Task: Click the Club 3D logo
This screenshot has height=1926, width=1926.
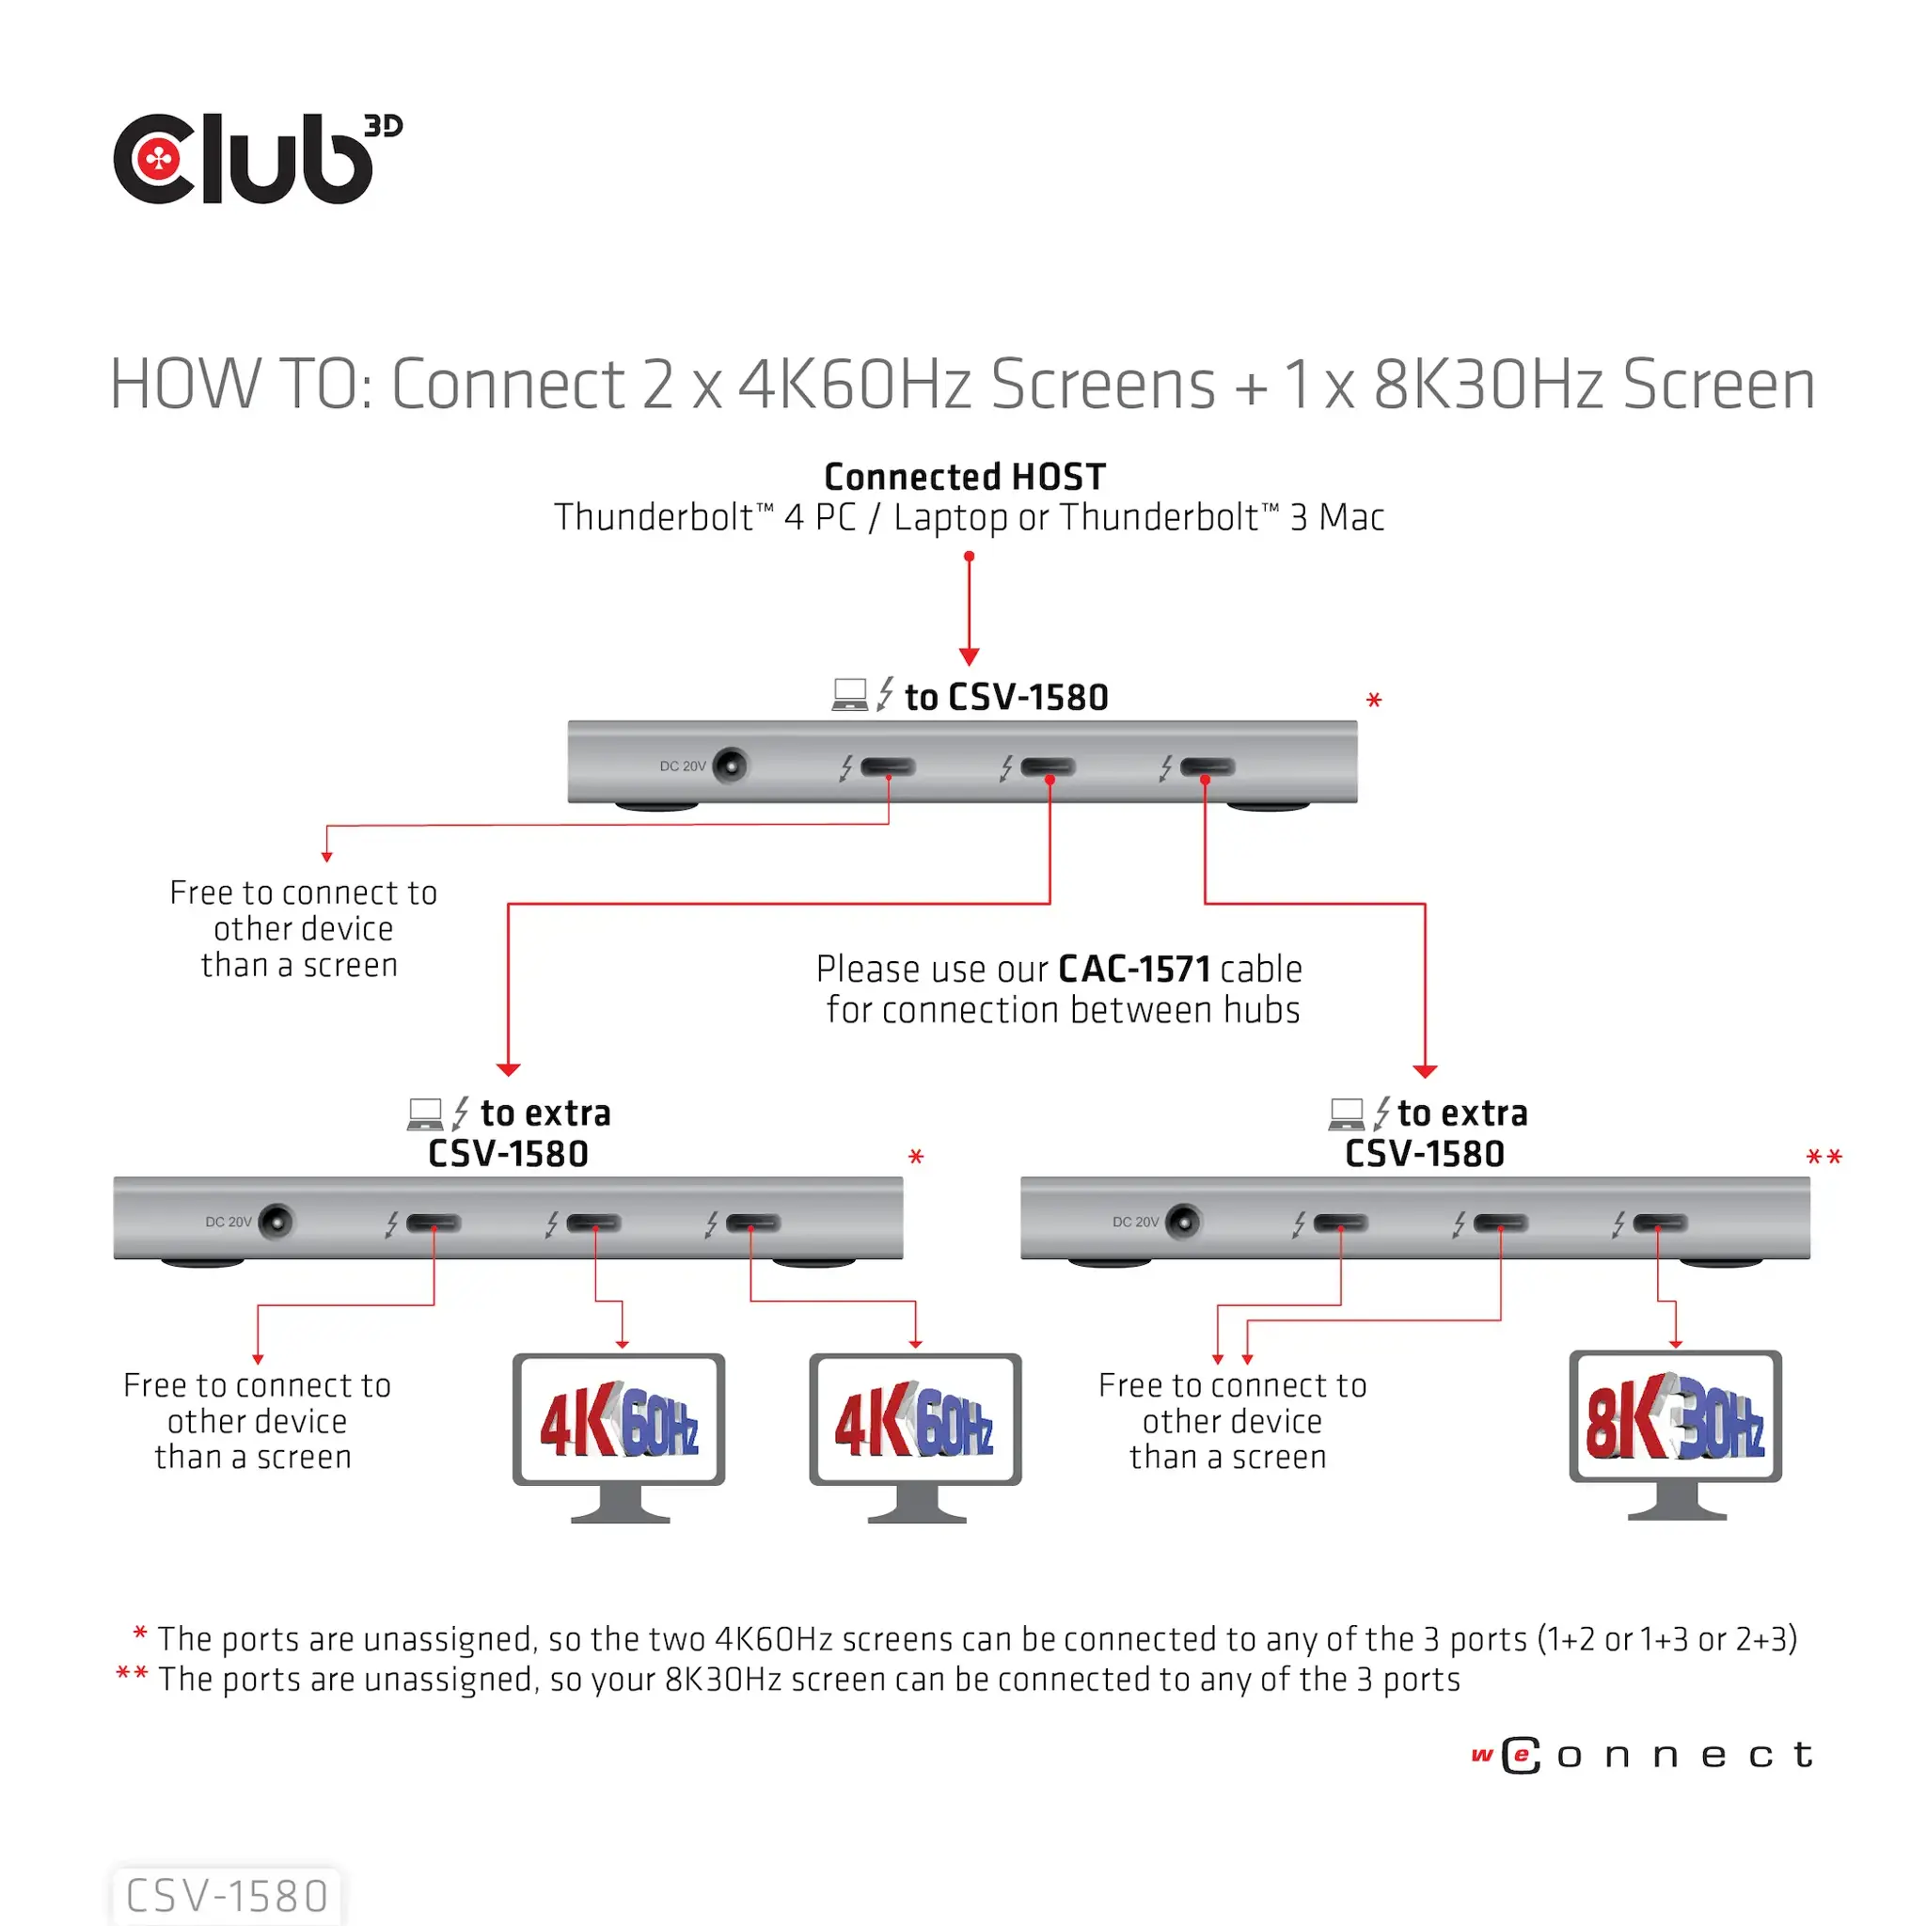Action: tap(256, 160)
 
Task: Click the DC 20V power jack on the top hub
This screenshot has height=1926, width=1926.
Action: tap(731, 766)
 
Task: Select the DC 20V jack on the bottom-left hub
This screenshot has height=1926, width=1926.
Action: tap(276, 1222)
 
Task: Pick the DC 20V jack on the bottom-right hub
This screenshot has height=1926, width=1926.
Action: tap(1183, 1222)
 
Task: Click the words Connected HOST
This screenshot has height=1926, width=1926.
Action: tap(964, 477)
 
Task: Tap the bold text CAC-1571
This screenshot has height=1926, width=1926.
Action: tap(1133, 969)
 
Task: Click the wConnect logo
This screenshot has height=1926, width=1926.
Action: tap(1641, 1756)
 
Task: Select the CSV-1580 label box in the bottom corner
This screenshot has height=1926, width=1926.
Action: tap(227, 1895)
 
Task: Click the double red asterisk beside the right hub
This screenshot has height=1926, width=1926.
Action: tap(1823, 1158)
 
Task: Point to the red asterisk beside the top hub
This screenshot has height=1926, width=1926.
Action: tap(1374, 701)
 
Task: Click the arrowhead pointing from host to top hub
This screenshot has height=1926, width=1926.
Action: tap(969, 657)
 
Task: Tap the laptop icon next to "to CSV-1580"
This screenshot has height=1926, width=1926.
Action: tap(849, 694)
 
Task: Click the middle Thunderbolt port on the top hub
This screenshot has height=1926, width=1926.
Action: tap(1048, 766)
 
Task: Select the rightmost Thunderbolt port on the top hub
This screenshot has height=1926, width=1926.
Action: tap(1208, 766)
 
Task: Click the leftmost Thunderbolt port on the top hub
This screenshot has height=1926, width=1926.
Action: tap(887, 766)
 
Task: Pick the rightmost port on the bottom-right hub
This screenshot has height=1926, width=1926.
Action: tap(1660, 1223)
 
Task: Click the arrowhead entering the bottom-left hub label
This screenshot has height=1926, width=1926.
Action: tap(509, 1069)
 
